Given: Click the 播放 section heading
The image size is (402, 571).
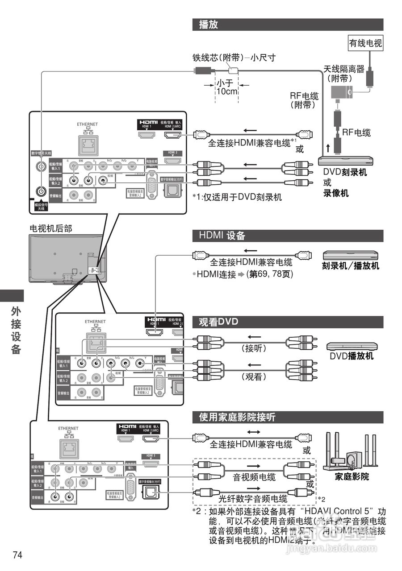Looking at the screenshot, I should coord(209,25).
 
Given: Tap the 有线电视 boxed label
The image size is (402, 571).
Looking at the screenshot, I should coord(366,43).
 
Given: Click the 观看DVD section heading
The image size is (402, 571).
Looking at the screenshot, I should coord(218,322).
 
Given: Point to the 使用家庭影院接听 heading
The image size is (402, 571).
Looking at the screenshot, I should coord(237,418).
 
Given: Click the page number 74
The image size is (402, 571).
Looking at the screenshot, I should coord(18,555).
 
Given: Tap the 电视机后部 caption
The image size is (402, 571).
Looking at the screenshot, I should coord(50,228).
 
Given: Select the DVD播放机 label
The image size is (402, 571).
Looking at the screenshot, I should coord(352,356).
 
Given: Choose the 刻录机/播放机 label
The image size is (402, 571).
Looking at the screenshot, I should coord(351,266).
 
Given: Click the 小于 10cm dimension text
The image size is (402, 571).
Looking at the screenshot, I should coord(226,87).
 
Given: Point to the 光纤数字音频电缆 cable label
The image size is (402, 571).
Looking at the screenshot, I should coord(253,498).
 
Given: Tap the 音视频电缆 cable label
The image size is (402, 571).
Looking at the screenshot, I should coord(254,477).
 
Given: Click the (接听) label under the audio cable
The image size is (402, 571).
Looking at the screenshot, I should coord(254,348).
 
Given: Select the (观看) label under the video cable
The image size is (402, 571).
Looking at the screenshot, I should coord(254,377).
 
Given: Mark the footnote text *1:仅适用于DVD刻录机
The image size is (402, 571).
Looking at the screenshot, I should coord(237,197).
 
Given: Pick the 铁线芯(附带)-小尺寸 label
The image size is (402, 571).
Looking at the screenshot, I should coord(234,58).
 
